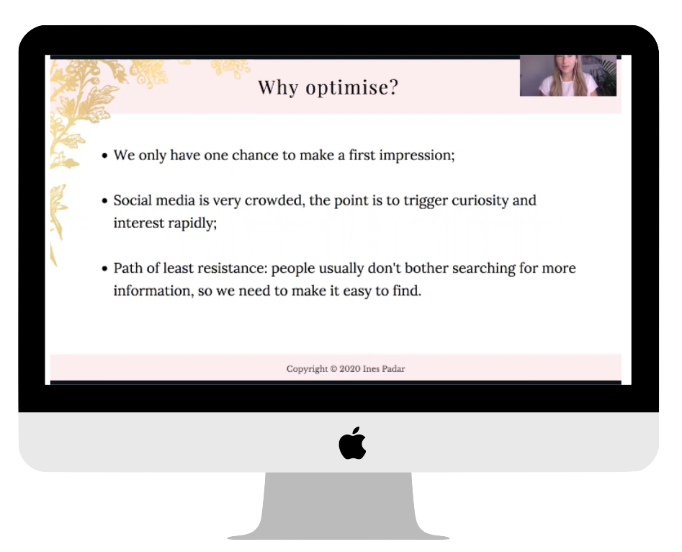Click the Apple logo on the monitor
coord(352,443)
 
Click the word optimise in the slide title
coord(352,87)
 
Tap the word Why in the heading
coord(278,87)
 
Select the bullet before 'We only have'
coord(104,156)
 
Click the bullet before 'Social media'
coord(104,200)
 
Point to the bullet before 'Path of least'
coord(104,269)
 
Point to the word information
coord(153,291)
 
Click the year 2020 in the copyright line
coord(350,369)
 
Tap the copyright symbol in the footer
coord(333,369)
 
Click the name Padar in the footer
coord(393,369)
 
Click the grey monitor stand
coord(338,506)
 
